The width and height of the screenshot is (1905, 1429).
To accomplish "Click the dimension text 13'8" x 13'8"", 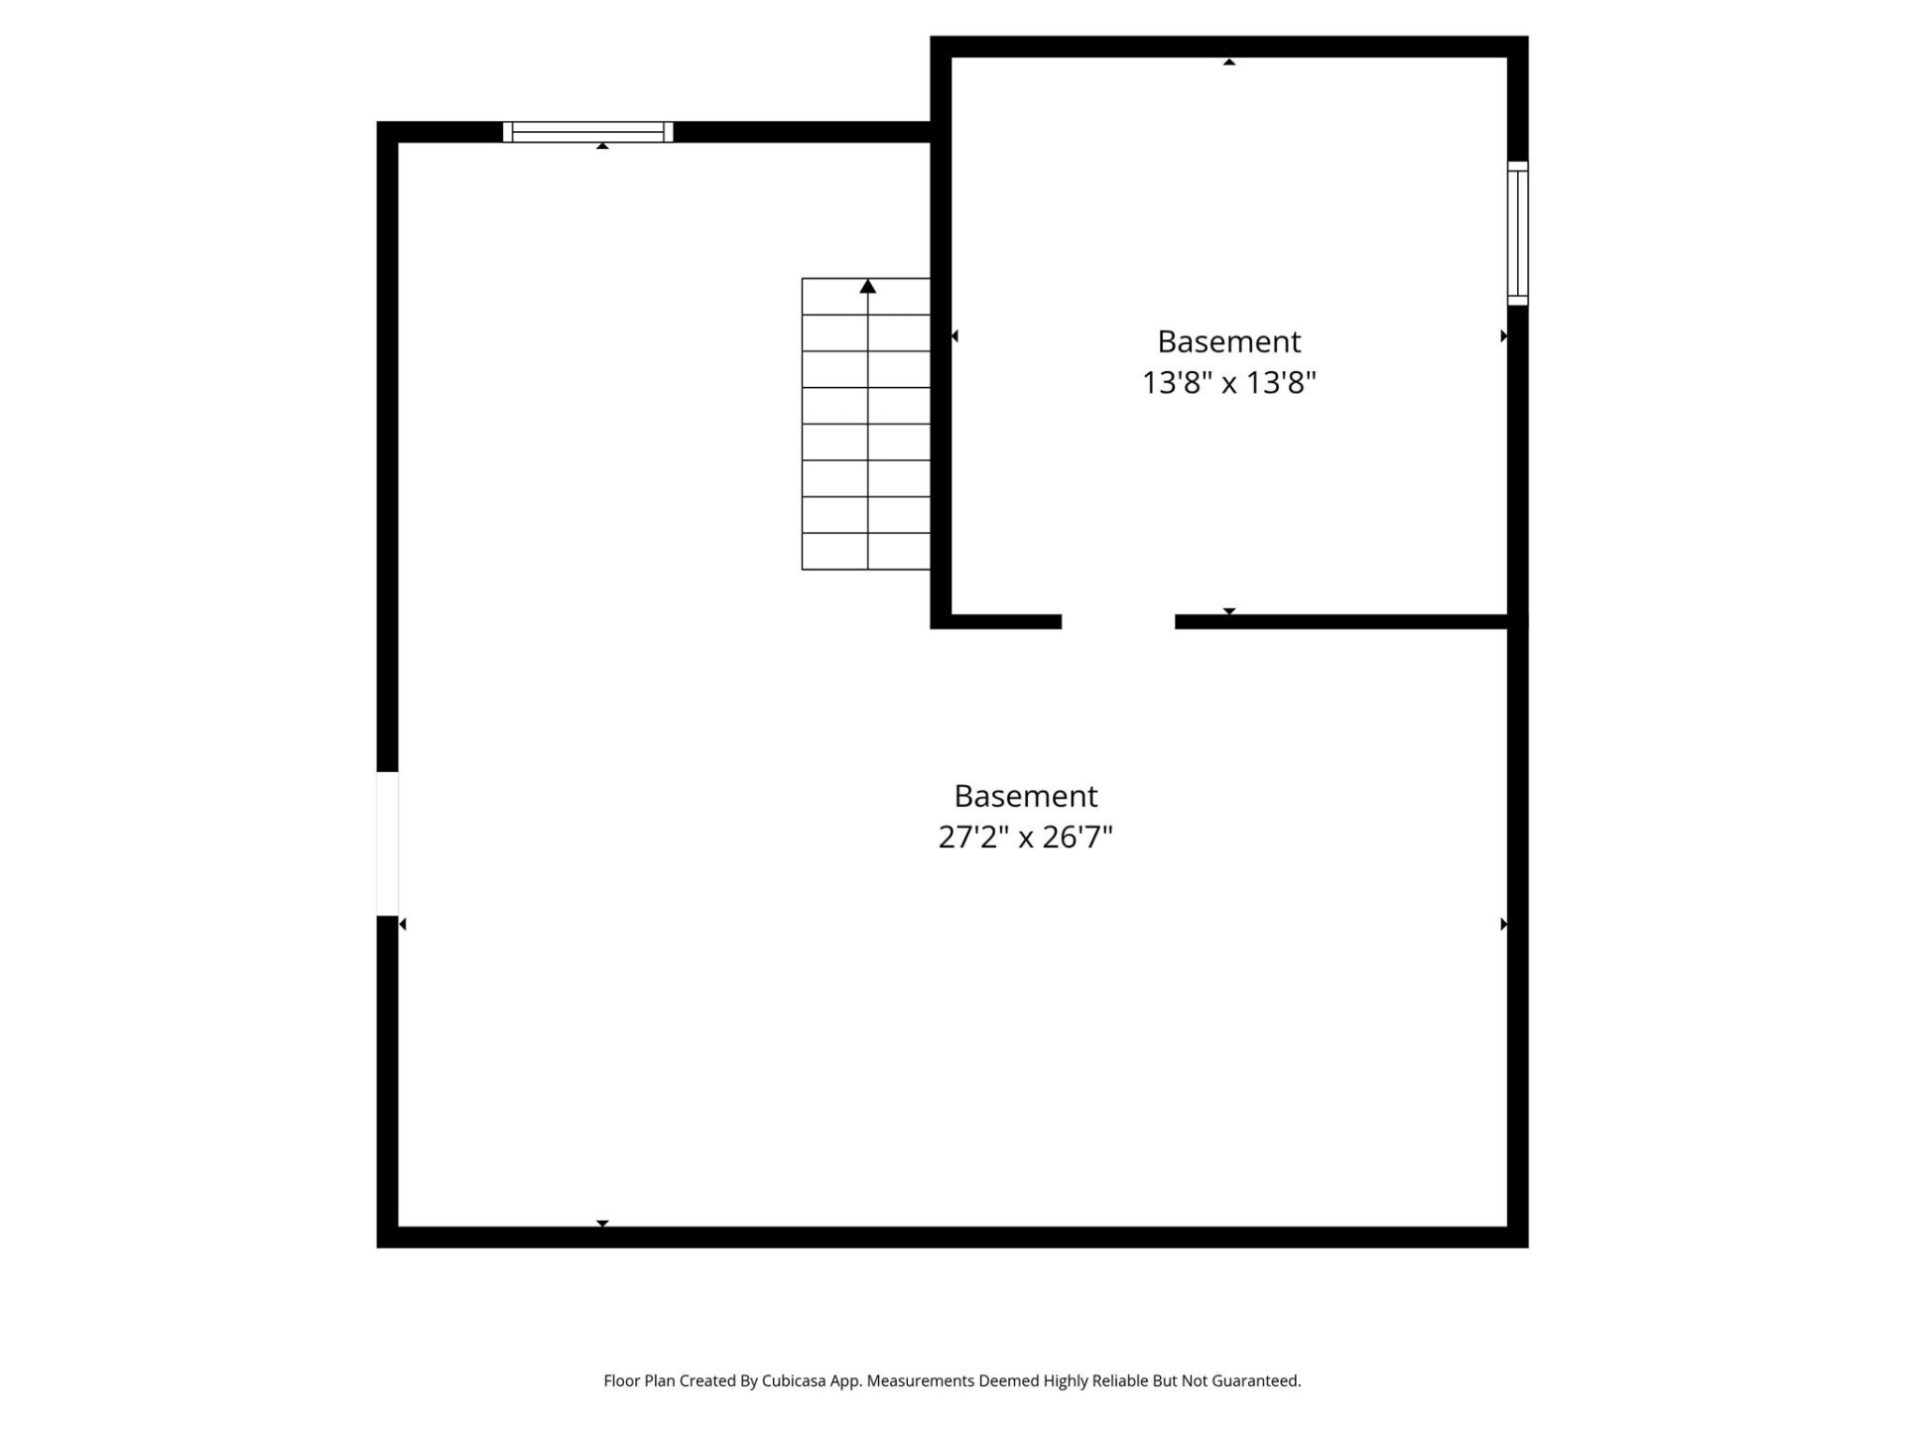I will click(1228, 382).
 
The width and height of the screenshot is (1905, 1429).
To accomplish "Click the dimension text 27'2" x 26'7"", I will click(1025, 837).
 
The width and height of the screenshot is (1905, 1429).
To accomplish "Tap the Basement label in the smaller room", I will click(1228, 341).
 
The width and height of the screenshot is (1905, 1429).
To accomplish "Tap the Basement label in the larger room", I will click(1025, 796).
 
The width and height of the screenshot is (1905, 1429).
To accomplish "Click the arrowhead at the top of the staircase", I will click(867, 287).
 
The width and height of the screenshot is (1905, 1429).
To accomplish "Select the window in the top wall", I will click(587, 132).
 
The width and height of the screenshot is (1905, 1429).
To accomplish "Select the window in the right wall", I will click(1517, 233).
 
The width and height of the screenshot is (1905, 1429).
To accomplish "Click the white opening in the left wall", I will click(387, 843).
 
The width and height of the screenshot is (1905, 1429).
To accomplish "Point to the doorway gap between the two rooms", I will click(1118, 622).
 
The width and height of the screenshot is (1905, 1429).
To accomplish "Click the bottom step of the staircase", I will click(865, 552).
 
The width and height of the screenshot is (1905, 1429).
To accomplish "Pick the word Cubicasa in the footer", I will click(793, 1380).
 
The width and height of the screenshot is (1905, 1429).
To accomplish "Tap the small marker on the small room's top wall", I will click(1228, 62).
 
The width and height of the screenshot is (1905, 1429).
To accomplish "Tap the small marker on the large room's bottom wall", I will click(602, 1224).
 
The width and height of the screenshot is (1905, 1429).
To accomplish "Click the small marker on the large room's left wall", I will click(402, 924).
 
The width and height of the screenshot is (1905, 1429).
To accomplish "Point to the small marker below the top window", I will click(602, 146).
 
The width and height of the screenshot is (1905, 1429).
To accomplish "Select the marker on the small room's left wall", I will click(954, 336).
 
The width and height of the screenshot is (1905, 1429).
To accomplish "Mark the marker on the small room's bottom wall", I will click(1228, 611).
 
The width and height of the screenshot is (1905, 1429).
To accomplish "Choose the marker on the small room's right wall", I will click(1503, 336).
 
